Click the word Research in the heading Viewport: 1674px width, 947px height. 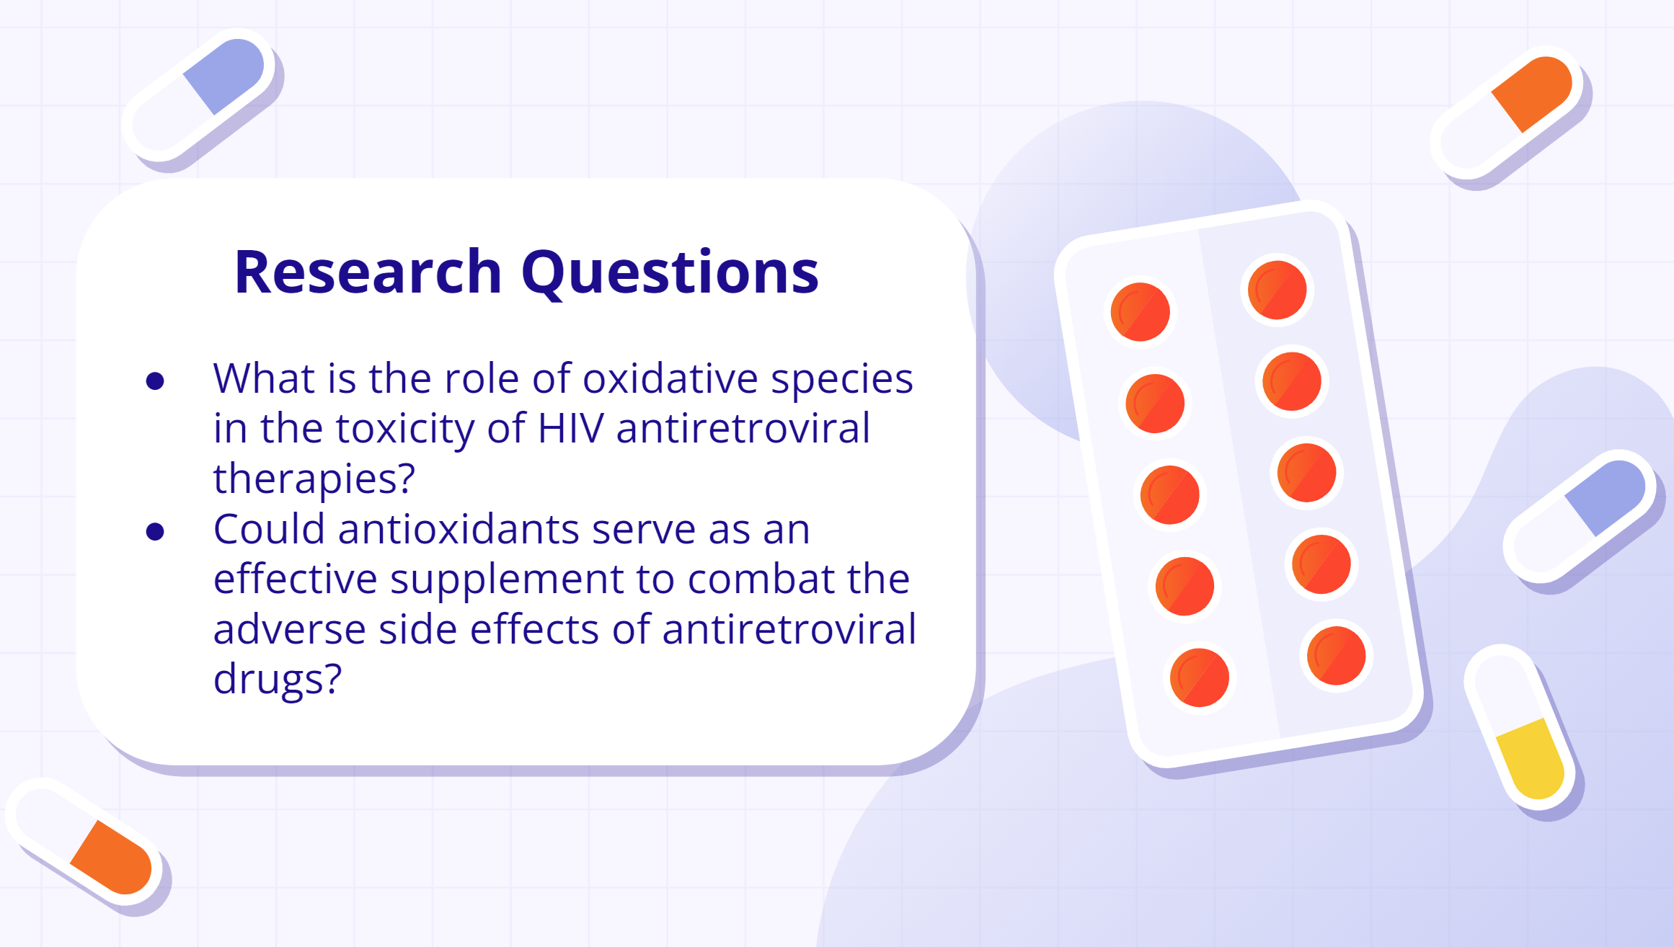point(368,272)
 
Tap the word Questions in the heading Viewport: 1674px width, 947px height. point(670,273)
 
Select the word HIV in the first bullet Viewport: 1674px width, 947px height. point(570,428)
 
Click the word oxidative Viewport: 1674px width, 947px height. point(670,378)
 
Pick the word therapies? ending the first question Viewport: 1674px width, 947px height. point(314,479)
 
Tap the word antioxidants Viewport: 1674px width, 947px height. point(459,529)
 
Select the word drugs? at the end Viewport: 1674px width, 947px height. point(278,679)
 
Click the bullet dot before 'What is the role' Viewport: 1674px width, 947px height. point(155,381)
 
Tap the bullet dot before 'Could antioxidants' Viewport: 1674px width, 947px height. point(155,532)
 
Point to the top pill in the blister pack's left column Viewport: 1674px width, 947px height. point(1141,312)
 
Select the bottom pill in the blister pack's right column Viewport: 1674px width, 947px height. point(1337,655)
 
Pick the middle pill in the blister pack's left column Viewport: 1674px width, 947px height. point(1170,494)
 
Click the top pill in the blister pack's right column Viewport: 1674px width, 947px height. point(1277,290)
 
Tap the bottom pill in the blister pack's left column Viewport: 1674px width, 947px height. point(1200,677)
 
